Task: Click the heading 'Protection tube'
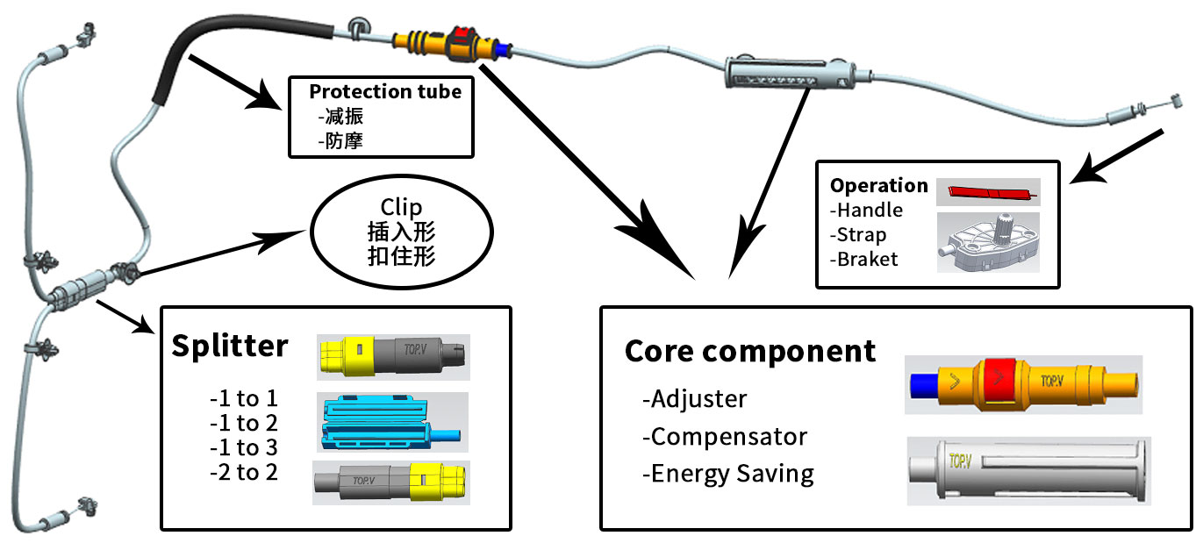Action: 384,91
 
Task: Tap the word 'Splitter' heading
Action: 229,346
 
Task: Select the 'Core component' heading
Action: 750,351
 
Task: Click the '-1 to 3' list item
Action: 243,447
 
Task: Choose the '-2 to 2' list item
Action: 243,471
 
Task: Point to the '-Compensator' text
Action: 724,436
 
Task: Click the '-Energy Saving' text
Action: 727,474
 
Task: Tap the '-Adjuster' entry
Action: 694,398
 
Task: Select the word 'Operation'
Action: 878,186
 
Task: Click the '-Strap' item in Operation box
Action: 858,235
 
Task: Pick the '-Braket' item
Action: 863,260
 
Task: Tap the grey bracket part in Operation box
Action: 988,242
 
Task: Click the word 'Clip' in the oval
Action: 401,208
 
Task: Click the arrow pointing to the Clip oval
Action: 219,254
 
